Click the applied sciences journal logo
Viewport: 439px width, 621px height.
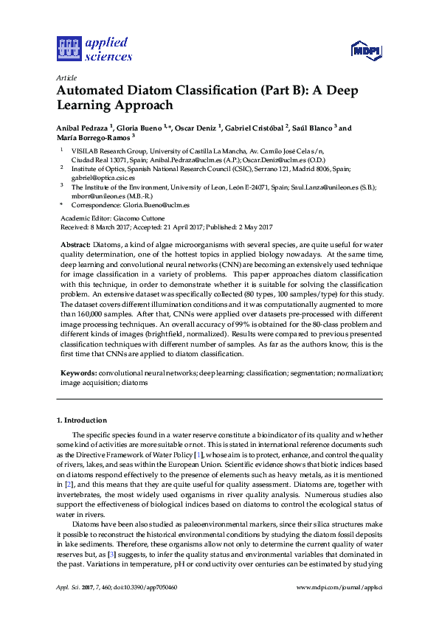point(94,48)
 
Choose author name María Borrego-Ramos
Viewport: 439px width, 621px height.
point(93,137)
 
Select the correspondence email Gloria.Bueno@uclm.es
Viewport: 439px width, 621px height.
point(155,206)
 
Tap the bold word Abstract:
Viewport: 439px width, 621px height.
point(75,243)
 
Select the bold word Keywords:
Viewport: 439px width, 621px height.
point(78,374)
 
